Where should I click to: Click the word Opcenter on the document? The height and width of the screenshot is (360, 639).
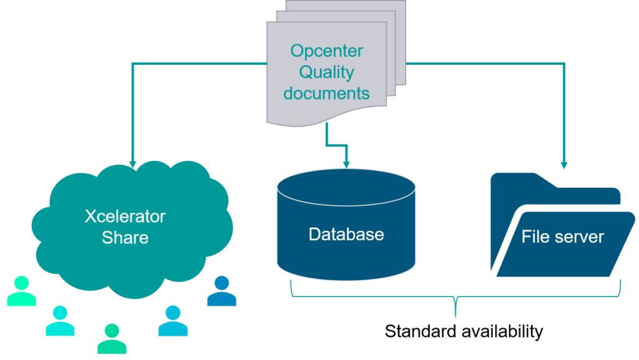326,52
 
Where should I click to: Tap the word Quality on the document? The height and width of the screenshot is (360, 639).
326,73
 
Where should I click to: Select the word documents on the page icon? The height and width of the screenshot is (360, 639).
326,93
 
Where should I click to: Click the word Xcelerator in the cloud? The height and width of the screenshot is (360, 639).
125,216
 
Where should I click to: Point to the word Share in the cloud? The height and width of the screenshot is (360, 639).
125,238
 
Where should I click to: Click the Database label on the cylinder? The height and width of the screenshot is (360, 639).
346,234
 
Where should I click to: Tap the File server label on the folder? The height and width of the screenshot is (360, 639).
562,236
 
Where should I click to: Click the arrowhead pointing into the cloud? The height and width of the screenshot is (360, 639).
132,164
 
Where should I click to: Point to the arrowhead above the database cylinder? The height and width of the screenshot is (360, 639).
346,165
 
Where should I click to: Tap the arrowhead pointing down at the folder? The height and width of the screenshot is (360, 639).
564,165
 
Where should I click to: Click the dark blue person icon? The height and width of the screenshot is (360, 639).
222,291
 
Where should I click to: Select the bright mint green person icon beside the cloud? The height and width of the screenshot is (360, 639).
22,291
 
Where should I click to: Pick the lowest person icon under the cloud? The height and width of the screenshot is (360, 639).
112,339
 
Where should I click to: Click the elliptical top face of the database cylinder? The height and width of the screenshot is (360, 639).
346,187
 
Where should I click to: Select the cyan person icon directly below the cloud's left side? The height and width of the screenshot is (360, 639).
60,321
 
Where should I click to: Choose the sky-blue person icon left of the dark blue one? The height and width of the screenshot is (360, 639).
173,321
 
